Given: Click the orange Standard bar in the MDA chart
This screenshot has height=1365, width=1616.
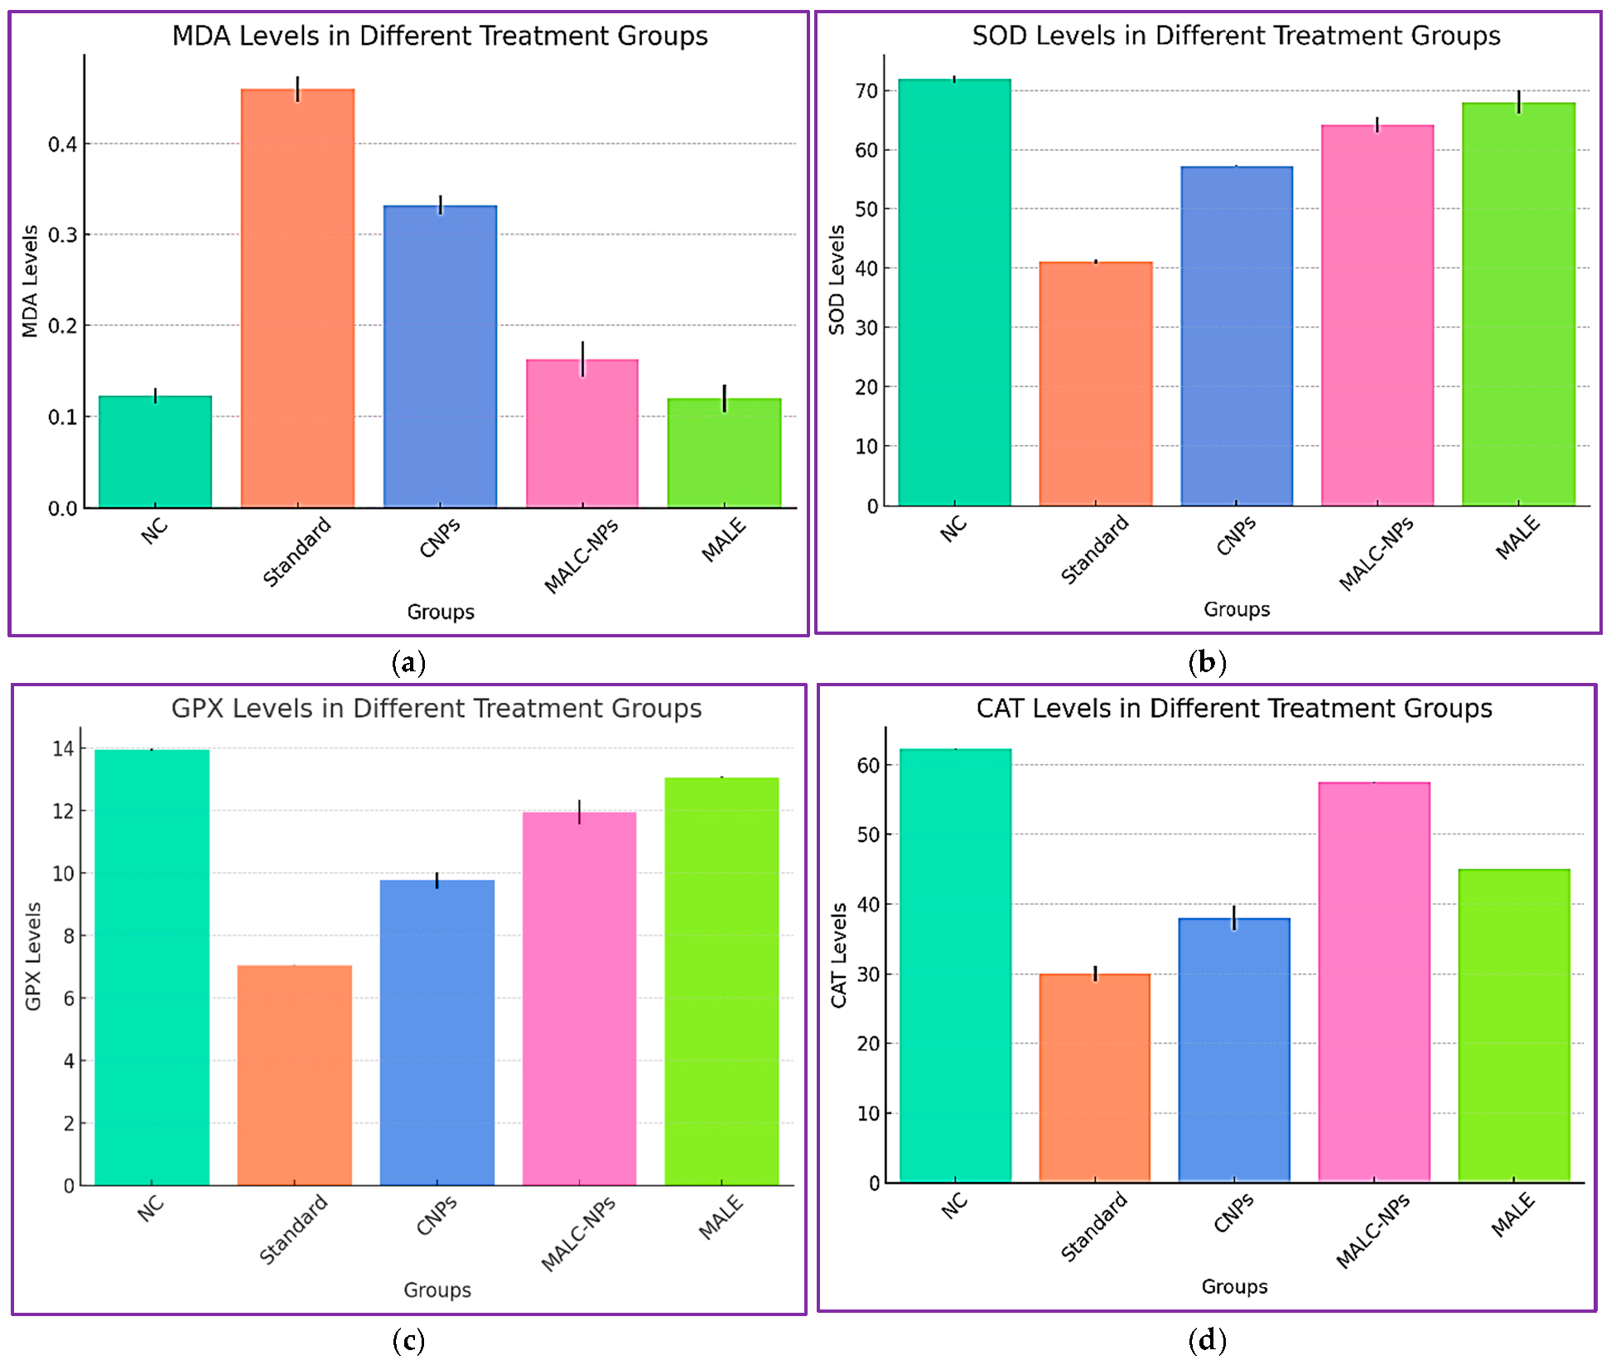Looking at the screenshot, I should click(x=297, y=298).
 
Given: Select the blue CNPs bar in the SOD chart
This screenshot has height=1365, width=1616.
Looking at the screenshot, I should click(x=1236, y=336).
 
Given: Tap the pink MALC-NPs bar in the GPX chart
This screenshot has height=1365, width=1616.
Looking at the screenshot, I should click(x=579, y=999).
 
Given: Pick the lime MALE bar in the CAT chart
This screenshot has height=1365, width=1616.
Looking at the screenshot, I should click(x=1513, y=1025).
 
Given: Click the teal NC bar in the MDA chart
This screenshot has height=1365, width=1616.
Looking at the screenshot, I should click(x=155, y=452).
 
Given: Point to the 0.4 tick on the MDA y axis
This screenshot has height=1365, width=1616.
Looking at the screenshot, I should click(x=63, y=144).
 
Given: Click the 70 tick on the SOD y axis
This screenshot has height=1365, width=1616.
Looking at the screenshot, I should click(x=866, y=91).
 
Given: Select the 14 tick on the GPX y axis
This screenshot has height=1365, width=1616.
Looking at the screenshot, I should click(x=63, y=748).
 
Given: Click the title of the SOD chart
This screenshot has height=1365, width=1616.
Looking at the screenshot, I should click(x=1236, y=36).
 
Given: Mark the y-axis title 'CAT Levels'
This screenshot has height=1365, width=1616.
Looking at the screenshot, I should click(x=839, y=955).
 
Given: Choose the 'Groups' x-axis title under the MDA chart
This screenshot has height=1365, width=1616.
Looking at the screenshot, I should click(x=441, y=612).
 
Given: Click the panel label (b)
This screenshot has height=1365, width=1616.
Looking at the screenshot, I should click(x=1207, y=661).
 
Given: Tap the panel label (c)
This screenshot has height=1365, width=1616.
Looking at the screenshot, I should click(x=408, y=1340).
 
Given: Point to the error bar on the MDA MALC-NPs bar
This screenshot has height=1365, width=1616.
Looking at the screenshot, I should click(x=582, y=358).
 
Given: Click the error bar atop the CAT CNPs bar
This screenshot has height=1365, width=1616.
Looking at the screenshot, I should click(x=1234, y=917).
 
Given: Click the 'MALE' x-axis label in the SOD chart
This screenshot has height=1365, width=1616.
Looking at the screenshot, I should click(x=1517, y=537).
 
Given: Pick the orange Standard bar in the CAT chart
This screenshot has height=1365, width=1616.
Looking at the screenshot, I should click(x=1094, y=1077).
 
